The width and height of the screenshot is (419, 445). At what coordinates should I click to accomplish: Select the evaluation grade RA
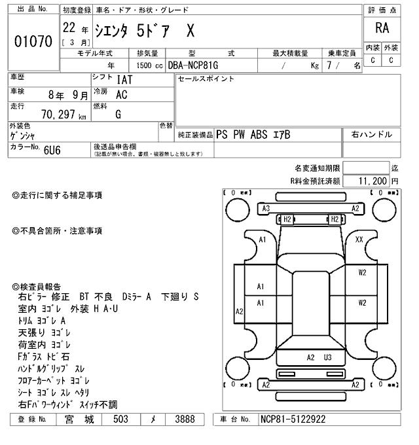point(382,28)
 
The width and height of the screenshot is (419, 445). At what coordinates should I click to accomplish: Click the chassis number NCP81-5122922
point(293,419)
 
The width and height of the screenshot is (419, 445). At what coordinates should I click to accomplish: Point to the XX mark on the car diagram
point(359,240)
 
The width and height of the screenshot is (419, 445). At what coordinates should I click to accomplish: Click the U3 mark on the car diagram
point(328,357)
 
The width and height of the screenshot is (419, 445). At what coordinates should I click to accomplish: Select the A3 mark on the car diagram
point(266,209)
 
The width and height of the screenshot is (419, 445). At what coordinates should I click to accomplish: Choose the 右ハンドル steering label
point(371,135)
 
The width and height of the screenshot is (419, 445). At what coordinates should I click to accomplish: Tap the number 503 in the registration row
point(120,419)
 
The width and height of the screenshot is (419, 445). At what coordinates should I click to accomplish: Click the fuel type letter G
point(118,114)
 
